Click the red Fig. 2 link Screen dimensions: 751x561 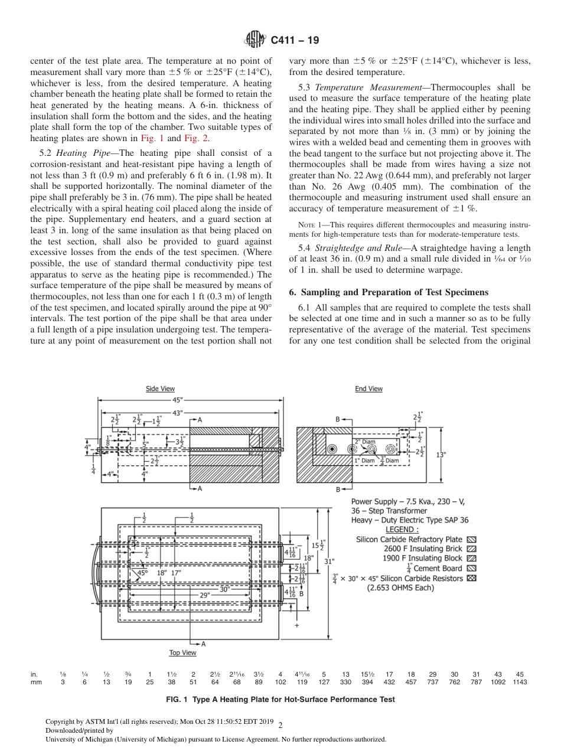[x=195, y=139]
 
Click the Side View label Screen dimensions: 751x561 [x=160, y=388]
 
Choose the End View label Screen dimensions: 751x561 [x=368, y=388]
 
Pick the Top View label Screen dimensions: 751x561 [x=182, y=652]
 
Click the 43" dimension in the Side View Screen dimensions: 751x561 [x=177, y=413]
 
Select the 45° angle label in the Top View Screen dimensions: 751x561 [x=143, y=572]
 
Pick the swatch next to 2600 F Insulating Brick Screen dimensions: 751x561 [x=471, y=548]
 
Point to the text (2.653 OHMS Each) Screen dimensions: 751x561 [x=400, y=587]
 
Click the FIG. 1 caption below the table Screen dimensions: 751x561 [x=280, y=699]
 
